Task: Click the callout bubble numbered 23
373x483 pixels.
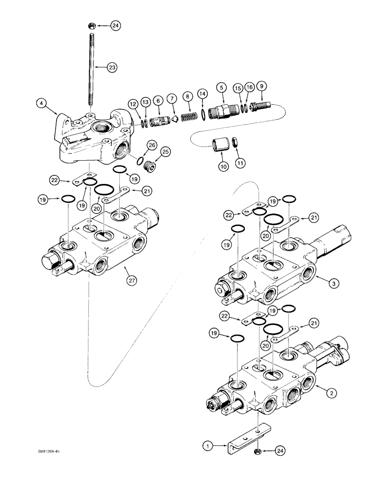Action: tap(112, 69)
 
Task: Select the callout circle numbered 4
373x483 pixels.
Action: tap(42, 102)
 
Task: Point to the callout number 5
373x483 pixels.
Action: tap(221, 87)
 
